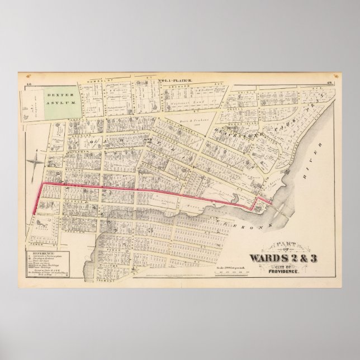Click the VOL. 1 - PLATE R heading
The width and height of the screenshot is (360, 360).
176,81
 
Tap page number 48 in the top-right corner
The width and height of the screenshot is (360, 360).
331,82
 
